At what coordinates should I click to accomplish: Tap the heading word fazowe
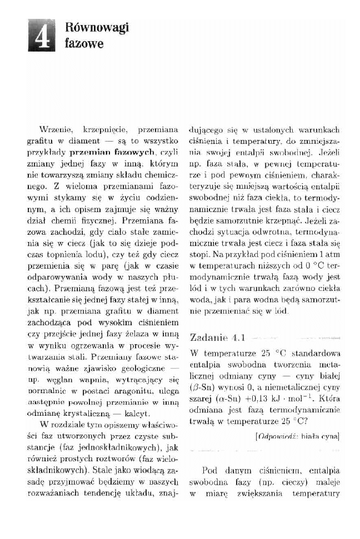pyautogui.click(x=84, y=43)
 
